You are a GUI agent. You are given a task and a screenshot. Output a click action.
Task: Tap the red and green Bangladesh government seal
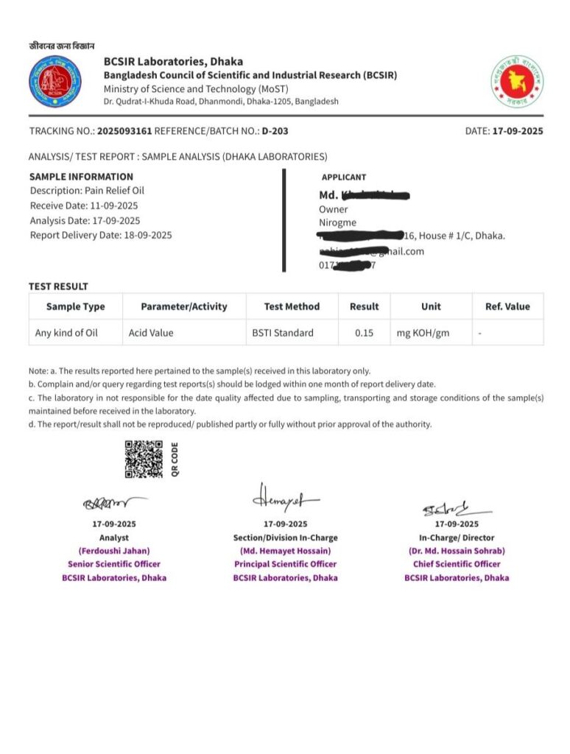click(x=517, y=82)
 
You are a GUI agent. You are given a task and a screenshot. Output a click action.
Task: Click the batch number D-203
click(x=275, y=131)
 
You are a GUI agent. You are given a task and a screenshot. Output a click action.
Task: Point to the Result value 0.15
click(x=364, y=333)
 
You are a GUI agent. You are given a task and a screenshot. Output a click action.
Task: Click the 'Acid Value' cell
click(x=151, y=333)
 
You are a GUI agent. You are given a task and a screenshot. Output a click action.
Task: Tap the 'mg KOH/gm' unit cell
click(x=423, y=333)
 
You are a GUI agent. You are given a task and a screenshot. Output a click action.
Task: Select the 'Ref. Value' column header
click(x=507, y=306)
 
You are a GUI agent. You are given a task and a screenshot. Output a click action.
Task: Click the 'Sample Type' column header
click(x=75, y=306)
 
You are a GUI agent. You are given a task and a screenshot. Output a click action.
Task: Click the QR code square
click(x=144, y=459)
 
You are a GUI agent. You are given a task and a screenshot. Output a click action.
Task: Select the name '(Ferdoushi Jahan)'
click(x=114, y=551)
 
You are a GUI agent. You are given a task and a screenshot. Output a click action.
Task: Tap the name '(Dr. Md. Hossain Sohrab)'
click(x=457, y=551)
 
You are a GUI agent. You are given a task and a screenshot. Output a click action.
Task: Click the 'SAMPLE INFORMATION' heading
click(x=81, y=177)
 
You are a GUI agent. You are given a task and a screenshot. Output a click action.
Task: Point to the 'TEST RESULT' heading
click(x=58, y=286)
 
